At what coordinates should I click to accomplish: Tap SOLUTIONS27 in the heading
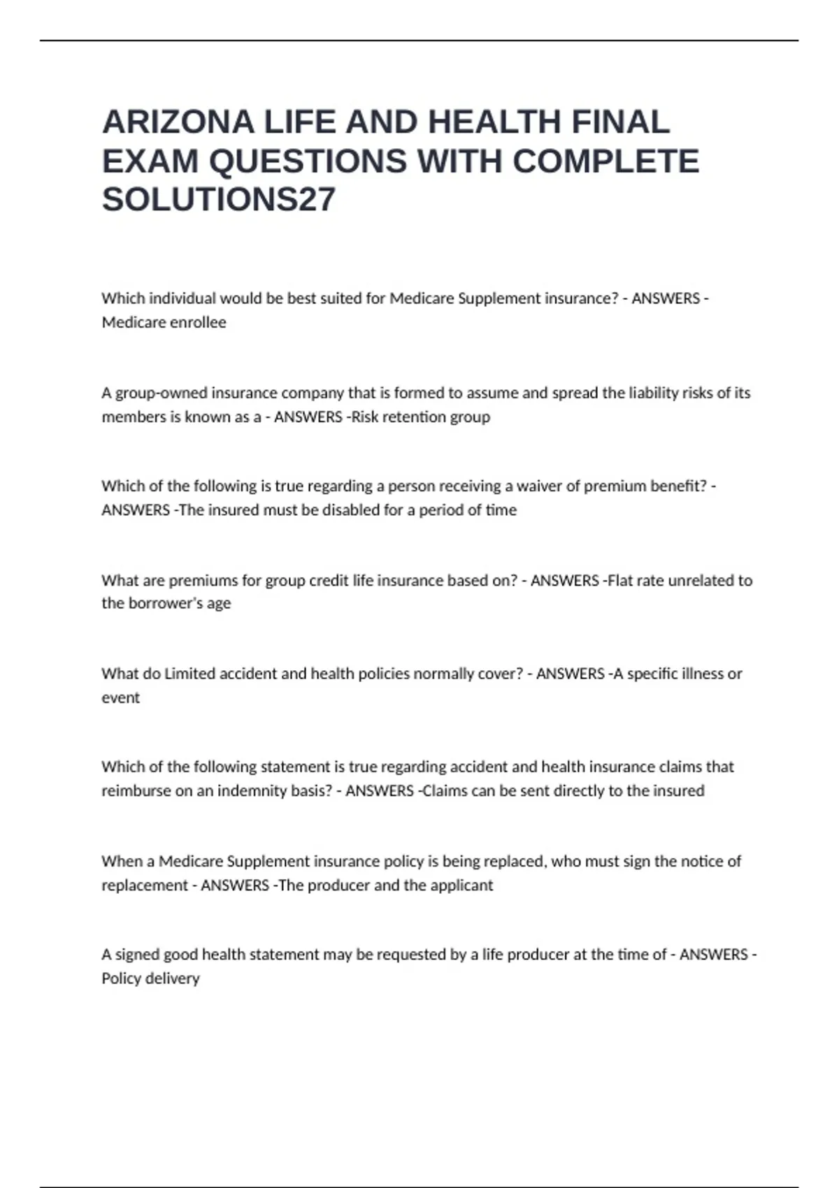[x=219, y=200]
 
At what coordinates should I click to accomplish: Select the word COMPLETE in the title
[x=605, y=161]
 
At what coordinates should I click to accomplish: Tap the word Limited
[x=189, y=674]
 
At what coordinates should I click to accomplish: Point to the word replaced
[x=513, y=862]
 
